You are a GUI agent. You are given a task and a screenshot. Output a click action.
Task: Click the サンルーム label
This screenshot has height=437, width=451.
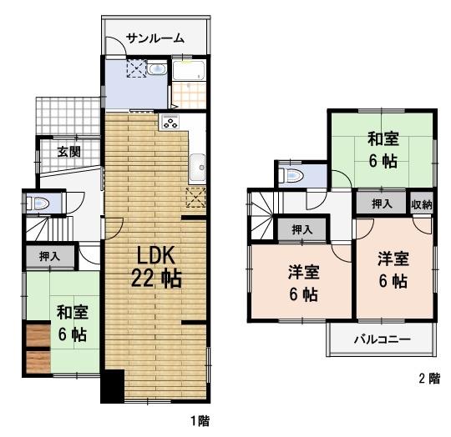[156, 38]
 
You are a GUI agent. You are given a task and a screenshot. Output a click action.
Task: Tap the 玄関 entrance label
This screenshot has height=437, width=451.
[69, 152]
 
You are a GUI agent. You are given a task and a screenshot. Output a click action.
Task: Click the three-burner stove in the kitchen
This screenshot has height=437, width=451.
[170, 123]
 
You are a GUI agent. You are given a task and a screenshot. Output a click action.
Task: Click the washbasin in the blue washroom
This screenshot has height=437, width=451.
[158, 69]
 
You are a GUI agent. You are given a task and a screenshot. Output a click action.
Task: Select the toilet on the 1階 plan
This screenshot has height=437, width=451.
[38, 202]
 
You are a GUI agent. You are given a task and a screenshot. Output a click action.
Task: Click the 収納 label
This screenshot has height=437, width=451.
[422, 204]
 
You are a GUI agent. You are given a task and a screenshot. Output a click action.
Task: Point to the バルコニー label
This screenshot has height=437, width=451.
[380, 340]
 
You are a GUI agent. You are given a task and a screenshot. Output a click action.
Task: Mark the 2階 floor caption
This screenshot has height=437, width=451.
[428, 378]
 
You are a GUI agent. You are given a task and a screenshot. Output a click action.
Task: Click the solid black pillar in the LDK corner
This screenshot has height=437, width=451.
[112, 386]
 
